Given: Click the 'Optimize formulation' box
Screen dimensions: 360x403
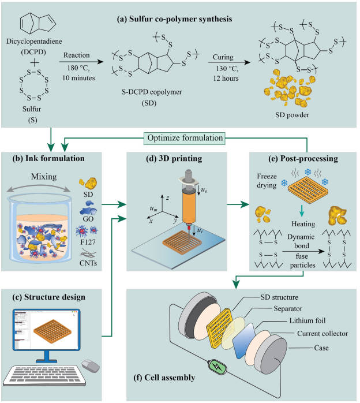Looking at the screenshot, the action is point(185,138).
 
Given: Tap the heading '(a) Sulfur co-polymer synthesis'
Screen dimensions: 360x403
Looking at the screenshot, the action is point(174,19).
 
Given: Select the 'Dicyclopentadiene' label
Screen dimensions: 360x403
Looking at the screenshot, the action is point(34,41).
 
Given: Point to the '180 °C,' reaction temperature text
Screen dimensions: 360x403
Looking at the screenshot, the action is point(78,68).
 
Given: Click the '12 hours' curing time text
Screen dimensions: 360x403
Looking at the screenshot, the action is point(226,78).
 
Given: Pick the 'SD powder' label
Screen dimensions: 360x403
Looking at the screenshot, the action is point(292,115).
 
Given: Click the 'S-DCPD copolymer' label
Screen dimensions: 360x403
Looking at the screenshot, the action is point(152,92).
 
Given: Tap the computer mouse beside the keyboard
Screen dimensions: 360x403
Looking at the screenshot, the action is point(91,366).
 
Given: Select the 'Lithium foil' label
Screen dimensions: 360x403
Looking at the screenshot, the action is point(307,320).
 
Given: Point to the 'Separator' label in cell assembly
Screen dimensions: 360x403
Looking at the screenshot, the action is point(288,308).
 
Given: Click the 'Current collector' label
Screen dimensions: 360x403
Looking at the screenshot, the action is point(322,333).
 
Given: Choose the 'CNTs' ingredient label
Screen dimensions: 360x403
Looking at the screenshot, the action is point(88,263).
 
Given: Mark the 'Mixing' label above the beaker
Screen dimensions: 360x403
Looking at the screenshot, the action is point(44,177).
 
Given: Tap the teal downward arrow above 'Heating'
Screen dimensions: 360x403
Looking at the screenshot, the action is point(302,211).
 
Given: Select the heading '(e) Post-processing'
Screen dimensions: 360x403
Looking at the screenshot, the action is point(303,158).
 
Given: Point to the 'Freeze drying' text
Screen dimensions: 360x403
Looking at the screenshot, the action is point(267,181).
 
